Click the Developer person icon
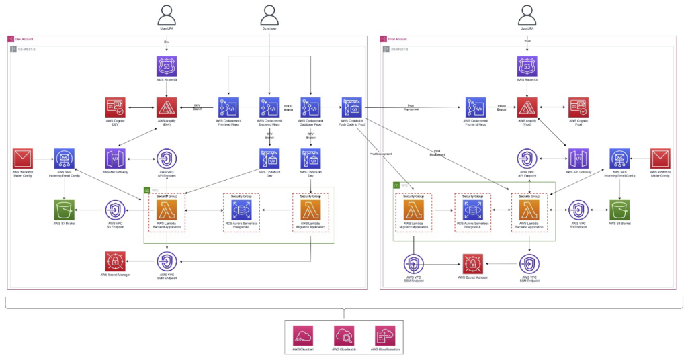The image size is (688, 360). (x=269, y=14)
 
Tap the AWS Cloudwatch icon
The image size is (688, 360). (x=343, y=335)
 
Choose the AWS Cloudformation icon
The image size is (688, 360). (x=384, y=335)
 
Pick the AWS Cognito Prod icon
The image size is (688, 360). (x=578, y=107)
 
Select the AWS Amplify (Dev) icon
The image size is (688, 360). (x=167, y=107)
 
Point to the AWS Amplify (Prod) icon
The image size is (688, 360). (x=527, y=107)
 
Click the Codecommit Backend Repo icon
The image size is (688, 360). (x=269, y=107)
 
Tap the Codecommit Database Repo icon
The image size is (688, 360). (x=310, y=107)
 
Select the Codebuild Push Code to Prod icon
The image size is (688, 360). (x=351, y=107)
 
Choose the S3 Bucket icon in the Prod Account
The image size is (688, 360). (x=619, y=210)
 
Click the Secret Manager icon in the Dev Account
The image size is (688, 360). (x=115, y=261)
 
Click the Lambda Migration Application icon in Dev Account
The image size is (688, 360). (x=310, y=210)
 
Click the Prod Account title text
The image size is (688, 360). (x=398, y=40)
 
